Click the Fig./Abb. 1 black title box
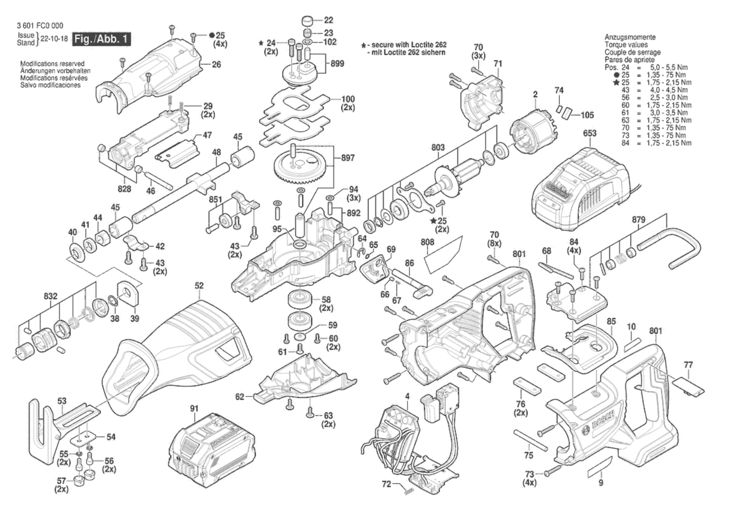pyautogui.click(x=102, y=38)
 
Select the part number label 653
pyautogui.click(x=589, y=133)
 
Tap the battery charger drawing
pyautogui.click(x=581, y=187)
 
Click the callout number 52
pyautogui.click(x=199, y=286)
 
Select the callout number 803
pyautogui.click(x=438, y=147)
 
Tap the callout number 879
pyautogui.click(x=638, y=219)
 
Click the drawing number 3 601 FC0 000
pyautogui.click(x=40, y=26)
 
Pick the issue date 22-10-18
pyautogui.click(x=54, y=39)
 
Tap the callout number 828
pyautogui.click(x=124, y=189)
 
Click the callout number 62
pyautogui.click(x=240, y=397)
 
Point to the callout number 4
pyautogui.click(x=407, y=396)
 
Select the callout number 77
pyautogui.click(x=688, y=365)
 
